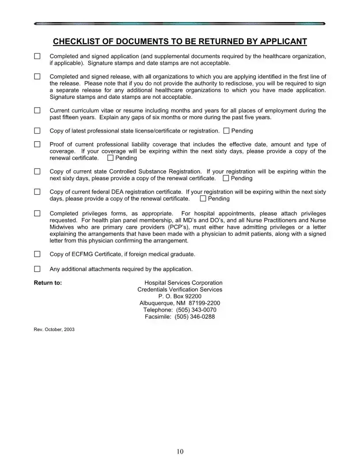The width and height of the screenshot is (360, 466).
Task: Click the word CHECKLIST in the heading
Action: pos(76,41)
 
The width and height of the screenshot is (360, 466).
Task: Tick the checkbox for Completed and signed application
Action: pos(37,56)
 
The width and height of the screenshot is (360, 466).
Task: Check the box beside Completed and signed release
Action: pos(37,76)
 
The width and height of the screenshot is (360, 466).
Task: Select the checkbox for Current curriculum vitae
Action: pos(37,110)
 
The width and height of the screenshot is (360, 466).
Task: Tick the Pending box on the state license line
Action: pos(226,131)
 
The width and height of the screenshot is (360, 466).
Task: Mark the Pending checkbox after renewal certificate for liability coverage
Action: pos(110,158)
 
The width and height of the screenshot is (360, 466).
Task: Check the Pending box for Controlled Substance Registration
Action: pos(226,178)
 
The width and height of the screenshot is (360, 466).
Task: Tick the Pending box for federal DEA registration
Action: pos(203,199)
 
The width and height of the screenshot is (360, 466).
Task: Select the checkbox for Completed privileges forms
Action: pos(37,214)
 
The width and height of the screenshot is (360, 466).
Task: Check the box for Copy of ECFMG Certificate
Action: pos(37,254)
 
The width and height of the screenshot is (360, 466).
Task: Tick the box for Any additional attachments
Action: pos(37,269)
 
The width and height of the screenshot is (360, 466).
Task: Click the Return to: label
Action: pos(48,283)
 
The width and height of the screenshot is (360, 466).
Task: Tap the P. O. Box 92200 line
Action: pos(180,297)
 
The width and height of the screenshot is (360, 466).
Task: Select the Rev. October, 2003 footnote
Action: pos(54,329)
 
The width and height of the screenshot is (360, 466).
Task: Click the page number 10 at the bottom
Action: pos(180,451)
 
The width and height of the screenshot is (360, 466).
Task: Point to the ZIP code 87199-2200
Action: pos(204,303)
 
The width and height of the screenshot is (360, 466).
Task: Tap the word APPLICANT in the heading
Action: pos(283,41)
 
